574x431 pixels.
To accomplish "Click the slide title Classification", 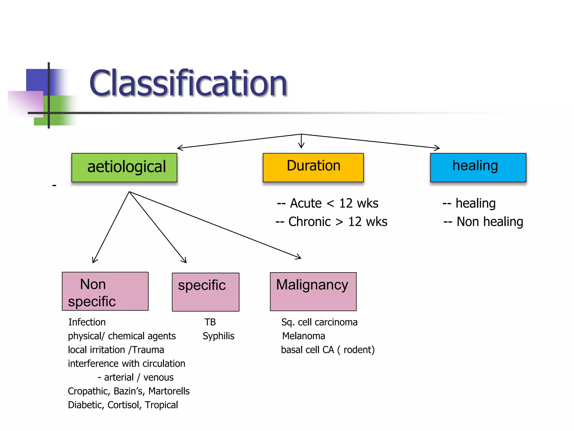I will (188, 83).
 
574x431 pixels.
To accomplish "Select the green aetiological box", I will (124, 168).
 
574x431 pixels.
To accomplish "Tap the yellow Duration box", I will (313, 168).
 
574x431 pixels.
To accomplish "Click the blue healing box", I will (478, 168).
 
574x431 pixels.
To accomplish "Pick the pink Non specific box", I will (105, 291).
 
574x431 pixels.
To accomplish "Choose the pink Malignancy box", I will (313, 292).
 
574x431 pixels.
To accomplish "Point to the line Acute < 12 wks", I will (327, 203).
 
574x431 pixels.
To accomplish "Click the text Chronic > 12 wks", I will (331, 222).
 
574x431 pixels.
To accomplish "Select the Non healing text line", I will (483, 222).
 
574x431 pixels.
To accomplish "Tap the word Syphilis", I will (218, 336).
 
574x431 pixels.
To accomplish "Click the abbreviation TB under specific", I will (210, 322).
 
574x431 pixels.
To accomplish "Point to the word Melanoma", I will (304, 336).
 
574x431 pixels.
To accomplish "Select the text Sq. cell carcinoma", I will (319, 322).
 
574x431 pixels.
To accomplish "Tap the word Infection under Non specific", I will (87, 322).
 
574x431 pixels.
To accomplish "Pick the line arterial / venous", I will (136, 377).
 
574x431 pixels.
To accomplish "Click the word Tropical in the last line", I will (161, 405).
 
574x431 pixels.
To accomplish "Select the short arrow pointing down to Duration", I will (301, 142).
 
